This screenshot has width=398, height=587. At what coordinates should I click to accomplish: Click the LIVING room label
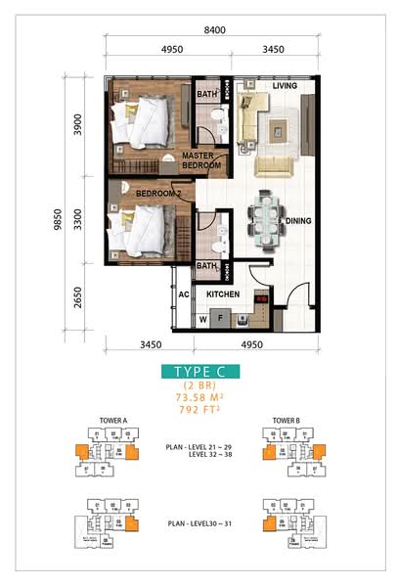pos(285,87)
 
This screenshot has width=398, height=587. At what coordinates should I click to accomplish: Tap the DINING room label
pos(298,221)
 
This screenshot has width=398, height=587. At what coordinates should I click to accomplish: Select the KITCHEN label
pos(223,293)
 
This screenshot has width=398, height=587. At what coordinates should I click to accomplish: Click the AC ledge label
pos(183,293)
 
